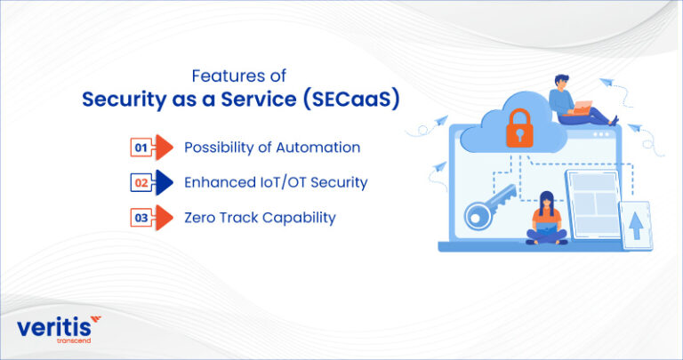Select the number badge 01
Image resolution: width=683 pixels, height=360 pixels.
[x=140, y=147]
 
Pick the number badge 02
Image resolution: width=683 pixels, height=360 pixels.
[x=140, y=182]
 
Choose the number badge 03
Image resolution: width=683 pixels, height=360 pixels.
[x=140, y=217]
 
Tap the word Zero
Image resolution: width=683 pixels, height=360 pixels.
[x=202, y=217]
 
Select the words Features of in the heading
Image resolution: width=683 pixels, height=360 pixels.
[x=241, y=76]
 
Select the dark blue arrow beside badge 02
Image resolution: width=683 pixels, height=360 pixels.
[x=163, y=182]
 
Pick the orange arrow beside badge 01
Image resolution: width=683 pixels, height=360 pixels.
[x=163, y=147]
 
